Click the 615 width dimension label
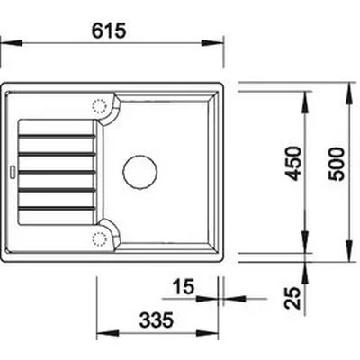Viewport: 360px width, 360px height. click(x=109, y=31)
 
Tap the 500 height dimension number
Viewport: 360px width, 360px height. click(x=337, y=164)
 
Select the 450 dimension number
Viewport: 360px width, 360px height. click(x=292, y=164)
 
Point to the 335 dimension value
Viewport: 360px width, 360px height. click(x=157, y=319)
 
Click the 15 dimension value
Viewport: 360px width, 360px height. click(x=184, y=286)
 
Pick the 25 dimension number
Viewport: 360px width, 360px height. click(x=292, y=298)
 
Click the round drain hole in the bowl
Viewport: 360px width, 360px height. click(x=140, y=172)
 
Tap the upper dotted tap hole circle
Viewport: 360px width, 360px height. click(x=100, y=106)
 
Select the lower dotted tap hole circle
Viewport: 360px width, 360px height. click(x=100, y=239)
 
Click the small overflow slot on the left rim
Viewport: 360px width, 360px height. click(x=13, y=172)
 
